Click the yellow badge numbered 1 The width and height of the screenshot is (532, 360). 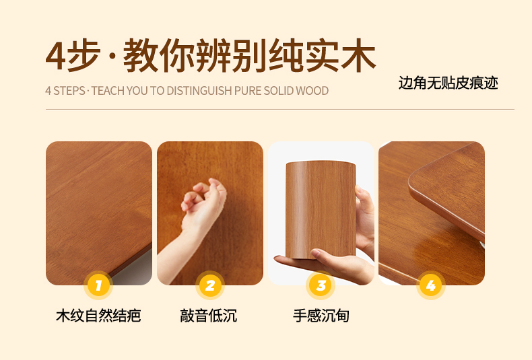(x=98, y=285)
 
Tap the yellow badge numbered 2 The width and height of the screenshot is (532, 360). (x=210, y=285)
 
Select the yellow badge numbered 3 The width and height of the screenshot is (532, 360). (x=321, y=285)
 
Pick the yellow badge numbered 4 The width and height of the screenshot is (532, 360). (x=431, y=285)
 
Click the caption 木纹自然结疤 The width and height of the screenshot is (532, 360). (x=98, y=316)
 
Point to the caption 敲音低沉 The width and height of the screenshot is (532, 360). (x=208, y=316)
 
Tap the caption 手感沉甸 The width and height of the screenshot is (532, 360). (x=321, y=316)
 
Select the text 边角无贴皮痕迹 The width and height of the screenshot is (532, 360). (x=448, y=83)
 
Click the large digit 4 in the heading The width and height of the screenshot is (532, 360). (x=55, y=56)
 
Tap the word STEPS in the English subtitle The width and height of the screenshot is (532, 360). (x=69, y=91)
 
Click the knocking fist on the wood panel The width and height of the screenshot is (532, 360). (x=203, y=197)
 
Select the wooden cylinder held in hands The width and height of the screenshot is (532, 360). (x=321, y=209)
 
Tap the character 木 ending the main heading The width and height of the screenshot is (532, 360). (x=358, y=56)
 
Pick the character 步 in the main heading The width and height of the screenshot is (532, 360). (x=84, y=56)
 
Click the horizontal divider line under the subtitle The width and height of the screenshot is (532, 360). (x=280, y=110)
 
